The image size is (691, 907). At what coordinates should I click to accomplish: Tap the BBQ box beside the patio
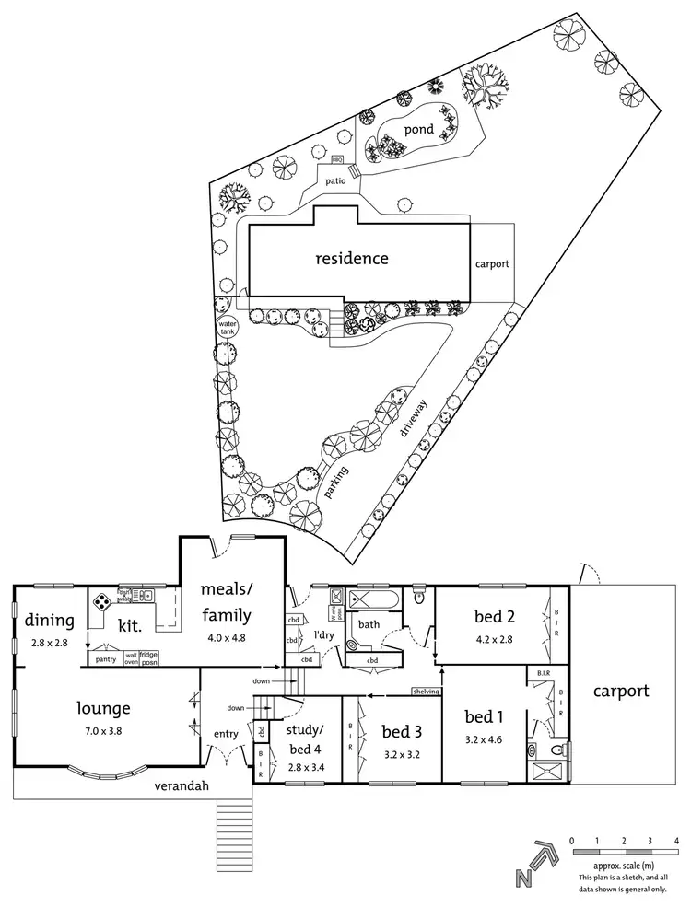[x=336, y=161]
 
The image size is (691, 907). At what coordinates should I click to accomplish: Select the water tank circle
[x=227, y=329]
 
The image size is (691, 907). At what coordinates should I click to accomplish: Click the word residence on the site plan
[x=352, y=259]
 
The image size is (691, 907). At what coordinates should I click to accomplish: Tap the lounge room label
[x=103, y=708]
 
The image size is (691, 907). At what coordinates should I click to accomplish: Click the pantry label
[x=105, y=659]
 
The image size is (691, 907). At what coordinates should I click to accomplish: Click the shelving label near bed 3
[x=426, y=692]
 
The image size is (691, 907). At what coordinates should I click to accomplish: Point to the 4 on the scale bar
[x=676, y=842]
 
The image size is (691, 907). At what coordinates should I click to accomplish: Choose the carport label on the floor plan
[x=620, y=691]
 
